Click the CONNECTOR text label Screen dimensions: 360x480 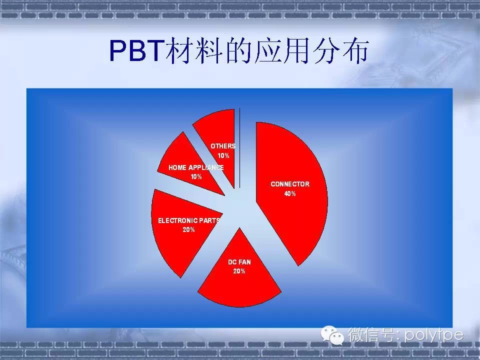(x=290, y=184)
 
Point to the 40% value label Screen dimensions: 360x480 (x=290, y=193)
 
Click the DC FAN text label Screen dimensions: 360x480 (x=239, y=261)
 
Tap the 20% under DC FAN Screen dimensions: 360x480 (x=239, y=271)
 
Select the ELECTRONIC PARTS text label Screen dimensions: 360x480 (x=188, y=220)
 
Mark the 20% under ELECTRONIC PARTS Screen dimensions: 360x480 (x=188, y=230)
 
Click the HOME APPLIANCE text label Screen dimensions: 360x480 (x=196, y=168)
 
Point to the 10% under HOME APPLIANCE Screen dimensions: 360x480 (x=196, y=177)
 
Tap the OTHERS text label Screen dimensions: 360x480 (x=223, y=146)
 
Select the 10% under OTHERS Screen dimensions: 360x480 (x=223, y=156)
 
